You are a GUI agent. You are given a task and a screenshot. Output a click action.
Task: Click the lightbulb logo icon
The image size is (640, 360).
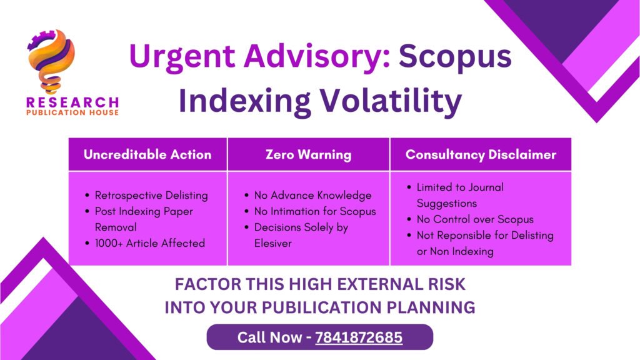51,61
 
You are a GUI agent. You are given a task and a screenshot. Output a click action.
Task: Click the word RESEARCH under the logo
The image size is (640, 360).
72,102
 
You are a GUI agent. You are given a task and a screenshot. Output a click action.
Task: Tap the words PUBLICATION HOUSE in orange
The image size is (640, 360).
72,112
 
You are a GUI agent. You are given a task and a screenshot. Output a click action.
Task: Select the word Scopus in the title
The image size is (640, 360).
455,57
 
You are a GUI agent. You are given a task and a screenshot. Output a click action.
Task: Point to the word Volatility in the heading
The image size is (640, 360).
391,101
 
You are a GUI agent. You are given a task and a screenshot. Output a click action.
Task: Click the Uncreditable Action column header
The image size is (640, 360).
147,154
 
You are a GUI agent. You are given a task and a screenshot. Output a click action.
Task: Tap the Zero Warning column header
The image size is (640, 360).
308,155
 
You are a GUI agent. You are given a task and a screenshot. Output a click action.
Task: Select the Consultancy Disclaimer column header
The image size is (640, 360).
481,155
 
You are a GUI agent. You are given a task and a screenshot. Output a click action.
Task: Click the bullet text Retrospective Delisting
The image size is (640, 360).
151,196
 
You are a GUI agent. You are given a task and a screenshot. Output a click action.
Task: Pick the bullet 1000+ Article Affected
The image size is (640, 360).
150,243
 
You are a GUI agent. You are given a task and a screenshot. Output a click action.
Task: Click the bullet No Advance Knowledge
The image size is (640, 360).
312,196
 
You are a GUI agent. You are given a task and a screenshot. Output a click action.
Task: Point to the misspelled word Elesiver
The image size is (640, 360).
273,243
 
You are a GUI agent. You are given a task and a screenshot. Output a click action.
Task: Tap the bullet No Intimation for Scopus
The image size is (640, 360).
315,211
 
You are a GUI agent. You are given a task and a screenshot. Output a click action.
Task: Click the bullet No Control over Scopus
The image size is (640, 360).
475,219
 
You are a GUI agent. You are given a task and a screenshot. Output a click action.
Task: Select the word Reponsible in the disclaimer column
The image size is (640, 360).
466,236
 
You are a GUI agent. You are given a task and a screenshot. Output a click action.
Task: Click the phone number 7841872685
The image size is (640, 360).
359,337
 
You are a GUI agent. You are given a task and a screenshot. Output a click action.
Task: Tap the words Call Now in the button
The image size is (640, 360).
269,337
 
